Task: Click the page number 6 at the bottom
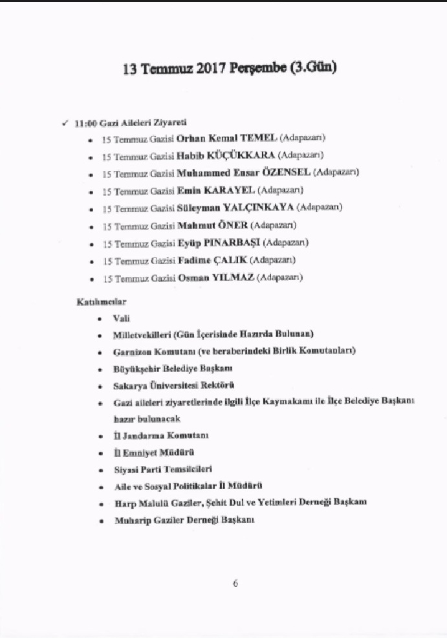pyautogui.click(x=235, y=583)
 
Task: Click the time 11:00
pyautogui.click(x=85, y=123)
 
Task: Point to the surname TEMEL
pyautogui.click(x=259, y=138)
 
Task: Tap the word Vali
pyautogui.click(x=121, y=318)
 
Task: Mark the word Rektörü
pyautogui.click(x=213, y=386)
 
